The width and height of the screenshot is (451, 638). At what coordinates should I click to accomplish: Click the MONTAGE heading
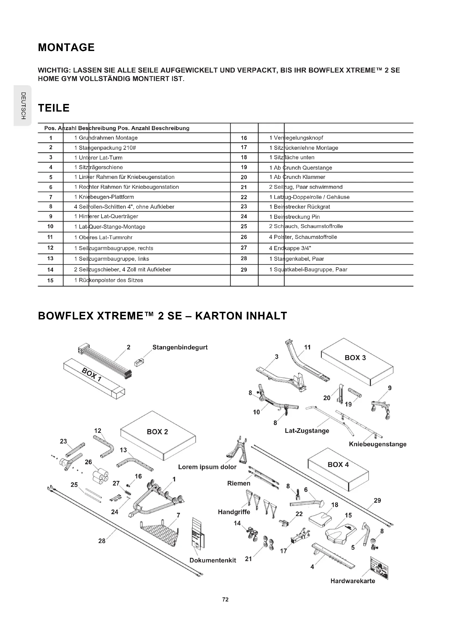click(x=66, y=47)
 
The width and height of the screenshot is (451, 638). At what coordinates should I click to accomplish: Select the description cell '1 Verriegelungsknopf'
click(x=296, y=138)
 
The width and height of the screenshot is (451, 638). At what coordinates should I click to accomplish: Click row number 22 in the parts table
click(x=244, y=197)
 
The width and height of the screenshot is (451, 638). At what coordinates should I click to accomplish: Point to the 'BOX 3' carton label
click(x=355, y=358)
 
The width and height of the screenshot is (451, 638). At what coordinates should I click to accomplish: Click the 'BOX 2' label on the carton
click(x=157, y=432)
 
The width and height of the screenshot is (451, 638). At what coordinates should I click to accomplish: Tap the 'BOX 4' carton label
click(x=338, y=464)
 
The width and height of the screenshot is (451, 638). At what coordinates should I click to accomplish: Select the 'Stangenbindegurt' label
click(x=180, y=347)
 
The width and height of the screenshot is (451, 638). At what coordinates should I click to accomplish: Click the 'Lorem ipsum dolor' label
click(x=207, y=467)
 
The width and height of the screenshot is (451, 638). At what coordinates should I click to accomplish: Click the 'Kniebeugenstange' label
click(x=377, y=444)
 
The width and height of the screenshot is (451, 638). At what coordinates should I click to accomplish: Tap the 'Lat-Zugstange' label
click(x=307, y=431)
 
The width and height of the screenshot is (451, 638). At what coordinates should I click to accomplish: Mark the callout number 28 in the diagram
click(x=102, y=541)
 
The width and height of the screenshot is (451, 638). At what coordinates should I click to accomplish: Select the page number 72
click(x=225, y=599)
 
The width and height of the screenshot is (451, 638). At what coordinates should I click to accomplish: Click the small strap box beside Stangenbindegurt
click(x=139, y=362)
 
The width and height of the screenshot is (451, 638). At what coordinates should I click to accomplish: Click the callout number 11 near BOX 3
click(x=307, y=347)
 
